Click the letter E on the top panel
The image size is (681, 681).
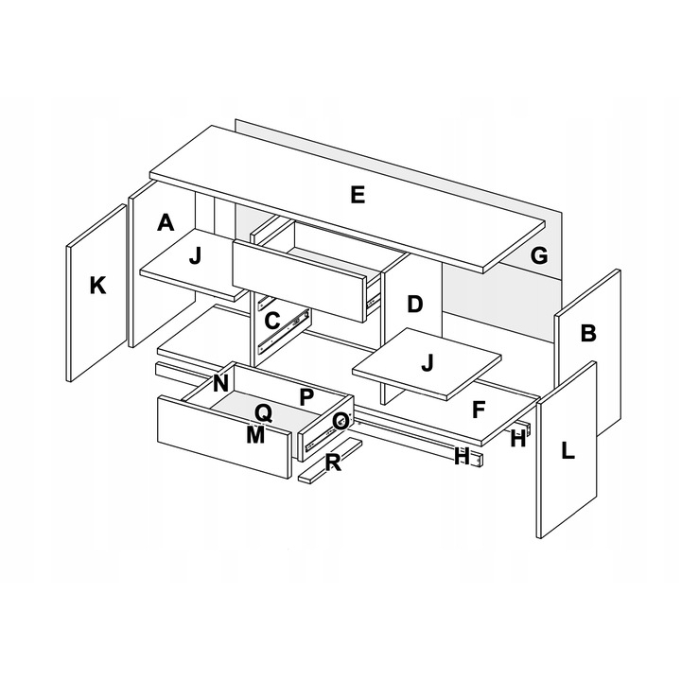coord(358,195)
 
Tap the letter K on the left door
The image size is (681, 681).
coord(97,286)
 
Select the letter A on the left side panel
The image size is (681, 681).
coord(166,222)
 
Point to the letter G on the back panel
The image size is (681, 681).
coord(539,255)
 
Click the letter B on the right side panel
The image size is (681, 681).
coord(588,333)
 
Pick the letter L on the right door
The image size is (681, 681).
coord(567,450)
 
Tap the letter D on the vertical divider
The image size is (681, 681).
coord(415,304)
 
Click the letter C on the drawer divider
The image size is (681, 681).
coord(271,321)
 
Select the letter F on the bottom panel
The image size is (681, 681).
coord(478,410)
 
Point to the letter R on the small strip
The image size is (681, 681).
coord(333,463)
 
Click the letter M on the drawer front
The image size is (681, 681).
coord(255,434)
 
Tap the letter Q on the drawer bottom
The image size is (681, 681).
coord(263,413)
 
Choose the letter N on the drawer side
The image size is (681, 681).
coord(220,383)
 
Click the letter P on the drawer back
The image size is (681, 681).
coord(306,396)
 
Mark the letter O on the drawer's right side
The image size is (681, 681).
coord(340,420)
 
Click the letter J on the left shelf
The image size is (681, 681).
coord(196,255)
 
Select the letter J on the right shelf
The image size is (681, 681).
coord(428,362)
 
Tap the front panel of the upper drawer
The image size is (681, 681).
coord(298,281)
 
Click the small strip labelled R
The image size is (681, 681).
coord(330,460)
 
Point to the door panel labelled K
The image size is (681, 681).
coord(96,292)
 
